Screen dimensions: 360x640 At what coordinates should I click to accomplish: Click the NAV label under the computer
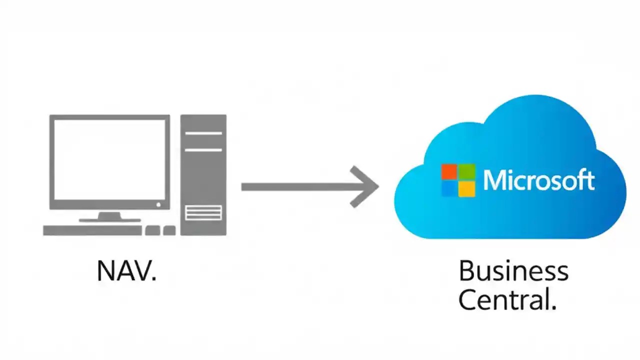[126, 270]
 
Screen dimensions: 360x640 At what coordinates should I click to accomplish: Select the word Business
[513, 271]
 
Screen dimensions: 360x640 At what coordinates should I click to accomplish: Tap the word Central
[506, 300]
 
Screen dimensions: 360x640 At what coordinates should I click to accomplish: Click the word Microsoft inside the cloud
[539, 180]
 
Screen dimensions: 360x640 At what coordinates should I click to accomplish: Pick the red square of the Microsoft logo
[449, 171]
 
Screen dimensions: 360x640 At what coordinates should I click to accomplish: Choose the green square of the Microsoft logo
[467, 171]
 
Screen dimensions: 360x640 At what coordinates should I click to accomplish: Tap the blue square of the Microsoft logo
[449, 188]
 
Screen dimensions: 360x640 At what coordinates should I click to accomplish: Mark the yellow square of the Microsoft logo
[467, 188]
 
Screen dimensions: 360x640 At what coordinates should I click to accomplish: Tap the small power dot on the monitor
[159, 204]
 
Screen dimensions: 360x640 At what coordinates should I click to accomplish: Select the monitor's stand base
[109, 219]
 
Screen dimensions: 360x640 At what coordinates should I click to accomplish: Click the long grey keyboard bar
[92, 230]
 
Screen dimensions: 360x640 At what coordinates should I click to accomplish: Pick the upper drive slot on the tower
[203, 133]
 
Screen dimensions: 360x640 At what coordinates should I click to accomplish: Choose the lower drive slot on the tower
[203, 149]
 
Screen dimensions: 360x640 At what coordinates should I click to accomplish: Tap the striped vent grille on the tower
[203, 212]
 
